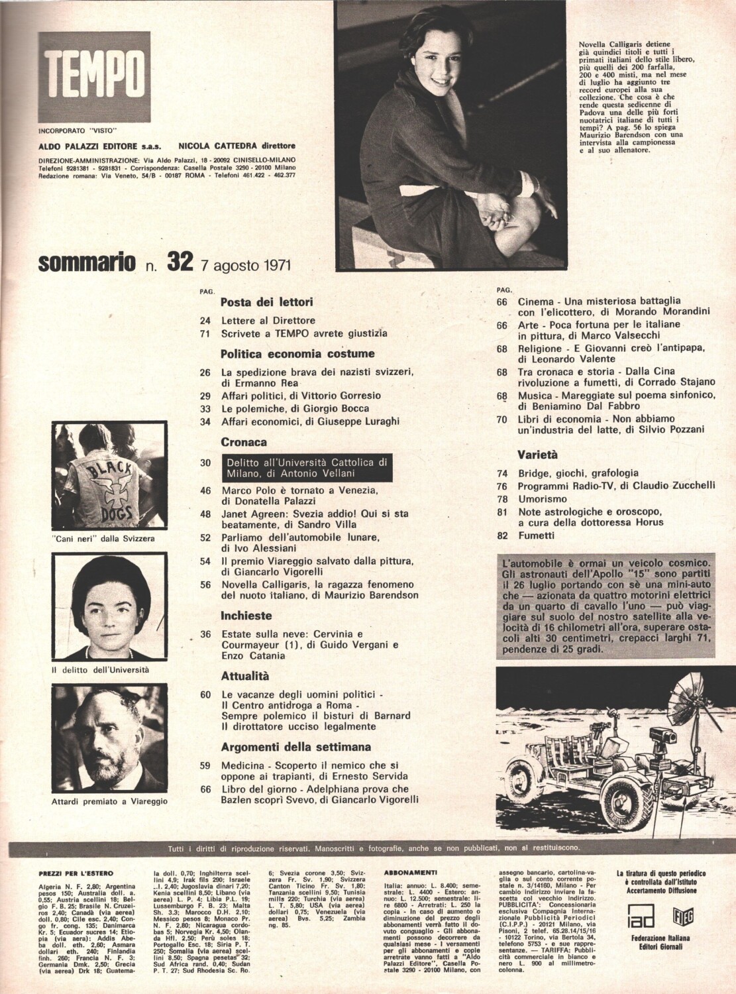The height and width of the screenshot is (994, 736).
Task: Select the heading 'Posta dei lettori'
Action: [266, 302]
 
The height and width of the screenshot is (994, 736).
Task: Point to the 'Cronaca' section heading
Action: [244, 441]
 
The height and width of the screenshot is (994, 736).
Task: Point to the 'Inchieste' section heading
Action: [246, 614]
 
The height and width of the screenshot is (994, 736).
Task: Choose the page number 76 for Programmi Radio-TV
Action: [501, 486]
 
